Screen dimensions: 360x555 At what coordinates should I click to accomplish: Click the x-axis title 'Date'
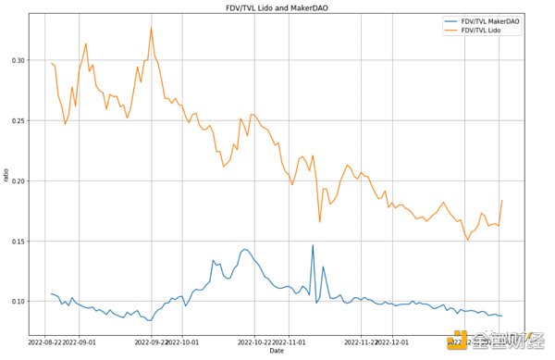pyautogui.click(x=277, y=351)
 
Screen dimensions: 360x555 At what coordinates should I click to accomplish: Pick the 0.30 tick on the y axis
pyautogui.click(x=19, y=61)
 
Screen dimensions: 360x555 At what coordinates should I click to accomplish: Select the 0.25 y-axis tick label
pyautogui.click(x=19, y=121)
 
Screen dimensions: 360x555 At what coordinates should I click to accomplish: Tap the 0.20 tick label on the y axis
pyautogui.click(x=19, y=181)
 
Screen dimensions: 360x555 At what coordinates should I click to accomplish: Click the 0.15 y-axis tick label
pyautogui.click(x=19, y=242)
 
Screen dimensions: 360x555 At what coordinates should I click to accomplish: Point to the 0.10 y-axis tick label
pyautogui.click(x=19, y=302)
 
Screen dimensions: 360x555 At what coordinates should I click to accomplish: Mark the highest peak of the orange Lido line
pyautogui.click(x=152, y=28)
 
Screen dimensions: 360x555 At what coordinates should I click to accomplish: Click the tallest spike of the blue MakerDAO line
pyautogui.click(x=313, y=245)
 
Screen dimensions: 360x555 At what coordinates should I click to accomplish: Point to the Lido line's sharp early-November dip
pyautogui.click(x=320, y=221)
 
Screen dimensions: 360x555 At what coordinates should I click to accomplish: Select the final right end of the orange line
pyautogui.click(x=502, y=201)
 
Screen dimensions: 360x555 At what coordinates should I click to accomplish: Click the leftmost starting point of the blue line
pyautogui.click(x=52, y=293)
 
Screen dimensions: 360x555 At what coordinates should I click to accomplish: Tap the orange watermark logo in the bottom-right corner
pyautogui.click(x=456, y=343)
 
